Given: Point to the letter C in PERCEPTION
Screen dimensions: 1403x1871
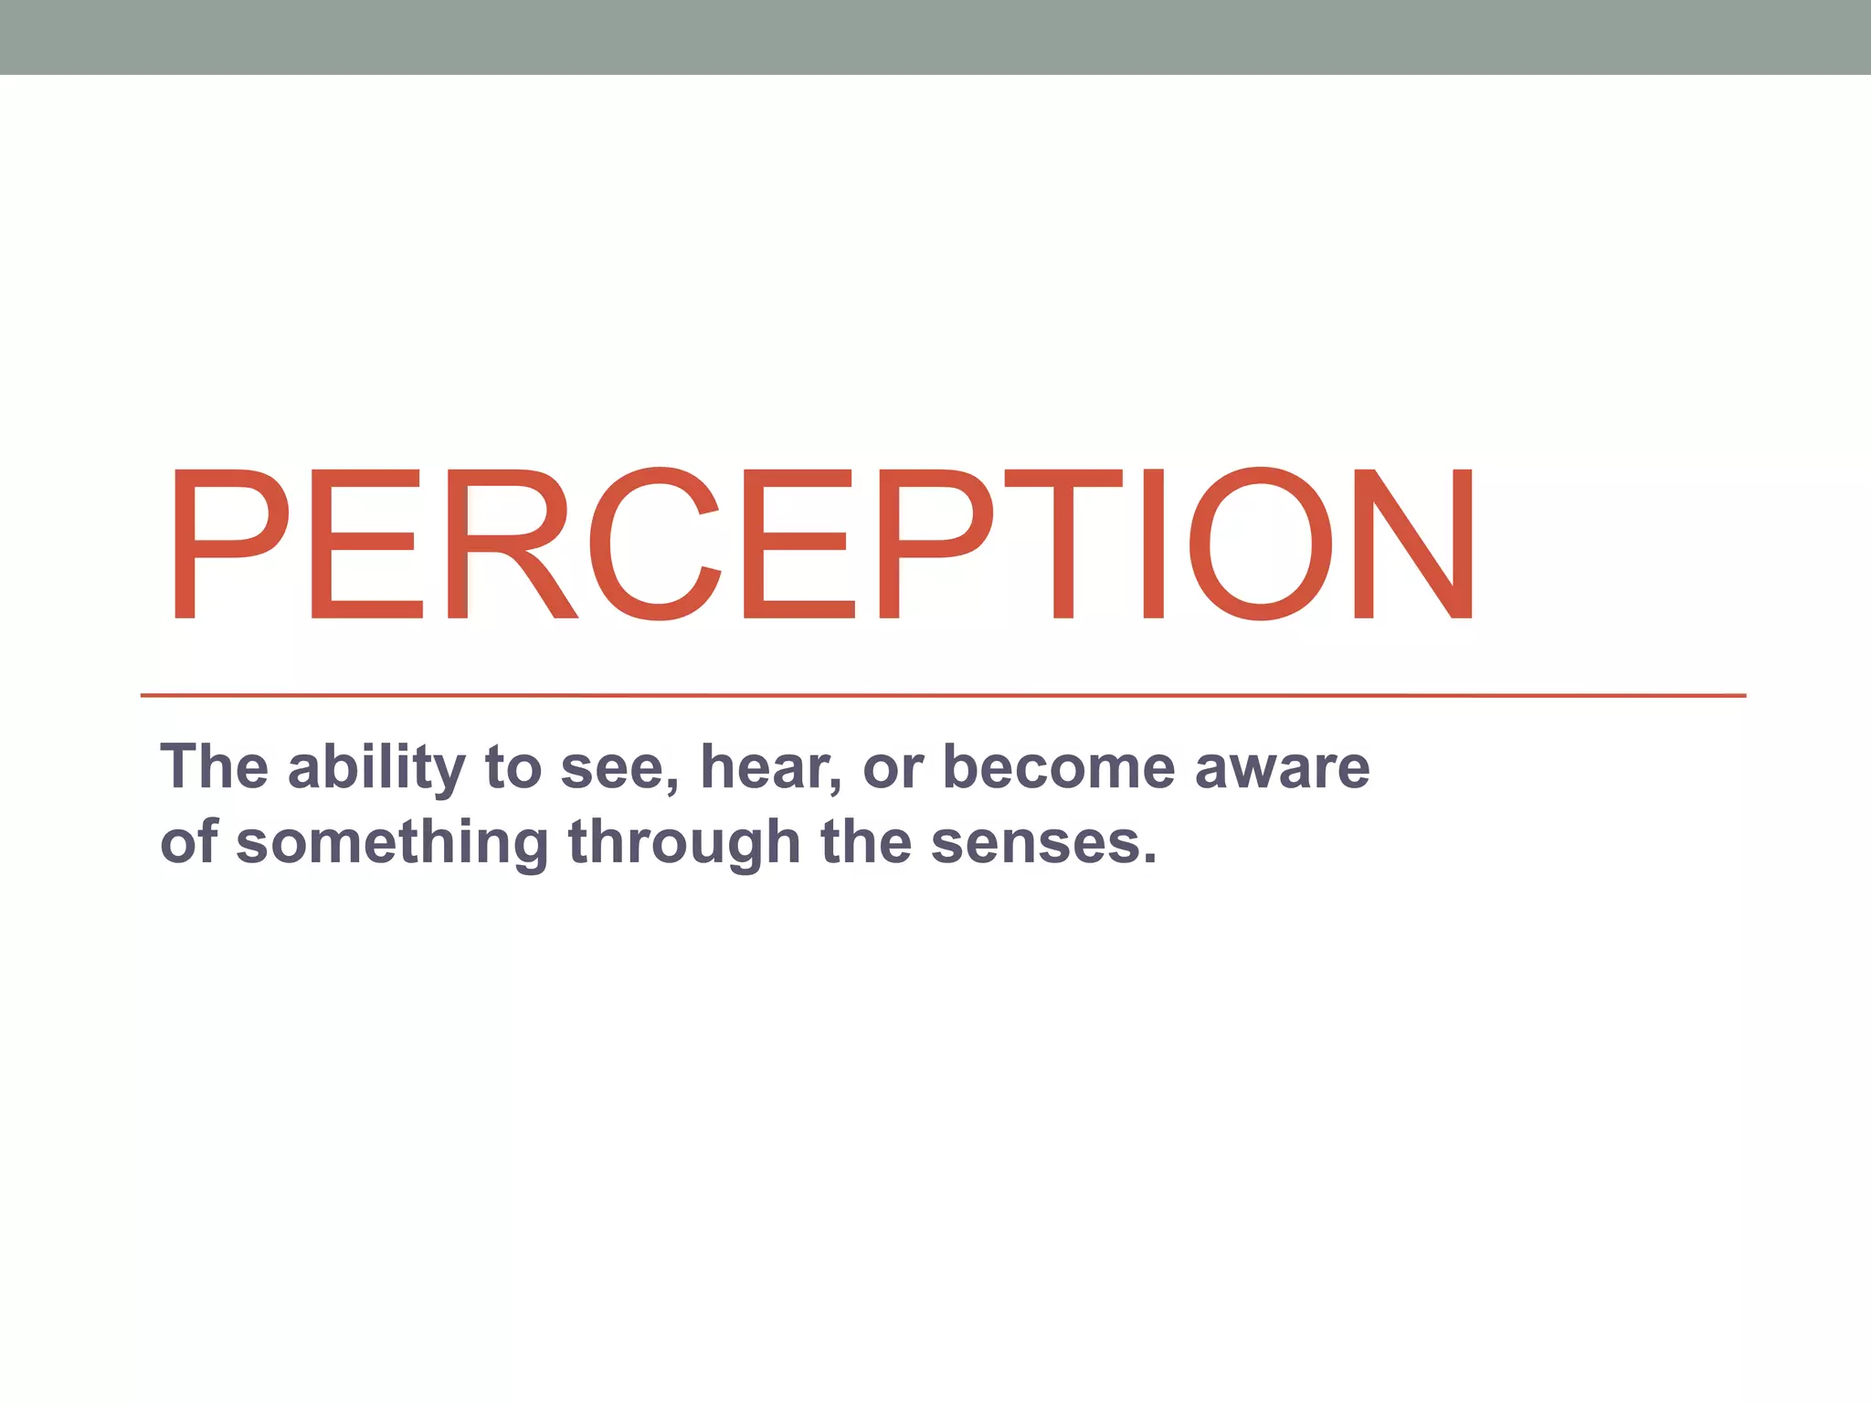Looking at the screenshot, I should coord(656,544).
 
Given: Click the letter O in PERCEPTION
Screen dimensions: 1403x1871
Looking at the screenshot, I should coord(1261,544).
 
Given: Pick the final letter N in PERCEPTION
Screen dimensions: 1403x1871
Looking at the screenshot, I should coord(1413,544).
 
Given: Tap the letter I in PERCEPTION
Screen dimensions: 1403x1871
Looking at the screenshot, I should coord(1154,544).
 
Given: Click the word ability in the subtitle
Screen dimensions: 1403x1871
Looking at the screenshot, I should coord(376,767).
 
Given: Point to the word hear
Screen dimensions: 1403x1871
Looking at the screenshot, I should coord(768,767).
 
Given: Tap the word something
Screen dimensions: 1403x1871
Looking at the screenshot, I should coord(393,842).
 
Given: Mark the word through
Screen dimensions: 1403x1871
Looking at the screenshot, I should coord(684,842).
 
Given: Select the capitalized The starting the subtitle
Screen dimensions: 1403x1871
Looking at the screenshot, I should coord(215,767).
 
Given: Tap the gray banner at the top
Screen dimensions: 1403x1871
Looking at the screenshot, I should coord(935,37).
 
